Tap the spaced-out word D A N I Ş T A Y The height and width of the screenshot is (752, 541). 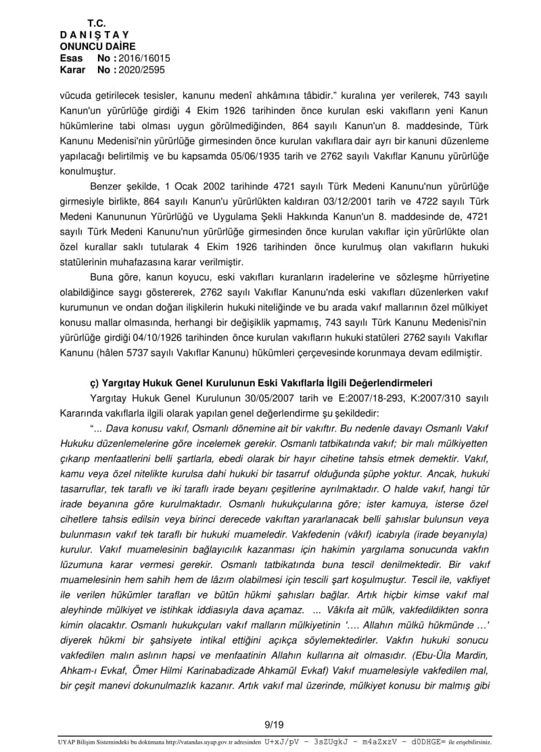(95, 34)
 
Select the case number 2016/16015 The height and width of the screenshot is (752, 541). (145, 58)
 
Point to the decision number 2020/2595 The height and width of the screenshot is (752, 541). (142, 70)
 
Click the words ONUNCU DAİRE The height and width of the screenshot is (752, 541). (97, 46)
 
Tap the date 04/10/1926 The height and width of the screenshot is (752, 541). (158, 337)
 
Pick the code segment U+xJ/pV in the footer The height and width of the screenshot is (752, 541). (283, 741)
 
